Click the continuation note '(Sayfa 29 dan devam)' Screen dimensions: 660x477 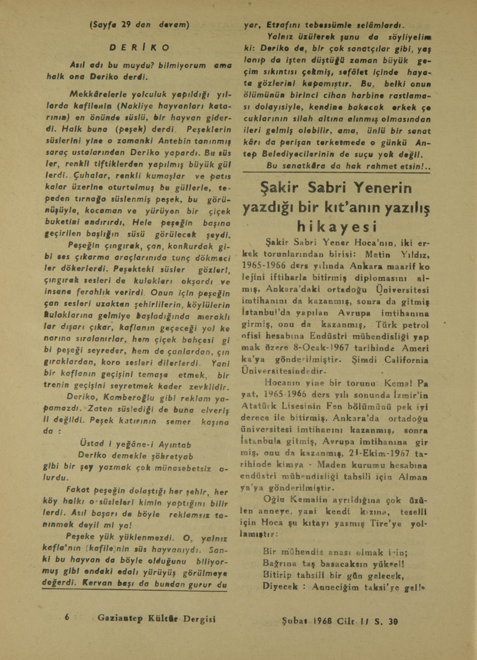click(139, 25)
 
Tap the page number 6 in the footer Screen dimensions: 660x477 click(67, 617)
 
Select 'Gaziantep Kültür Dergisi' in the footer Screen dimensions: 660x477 click(156, 618)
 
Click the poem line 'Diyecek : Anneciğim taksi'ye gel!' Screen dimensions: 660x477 click(346, 586)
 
